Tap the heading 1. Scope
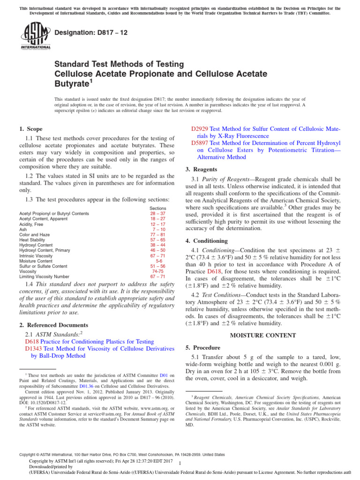coord(30,129)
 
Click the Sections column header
coord(157,208)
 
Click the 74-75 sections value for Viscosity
coord(158,271)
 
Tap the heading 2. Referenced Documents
coord(53,325)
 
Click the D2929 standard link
coord(200,128)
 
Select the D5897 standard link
coord(200,142)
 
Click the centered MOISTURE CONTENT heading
coord(263,335)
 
